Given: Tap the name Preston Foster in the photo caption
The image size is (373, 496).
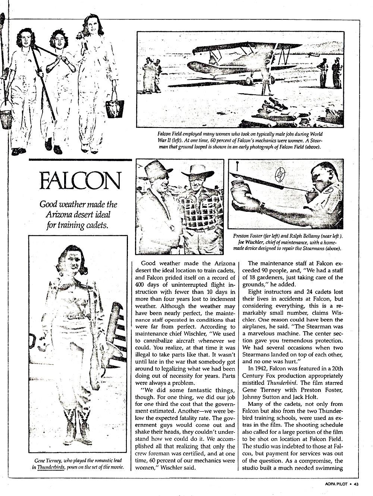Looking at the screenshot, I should [248, 236].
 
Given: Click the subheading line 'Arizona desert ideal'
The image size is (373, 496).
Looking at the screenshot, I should [79, 215].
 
